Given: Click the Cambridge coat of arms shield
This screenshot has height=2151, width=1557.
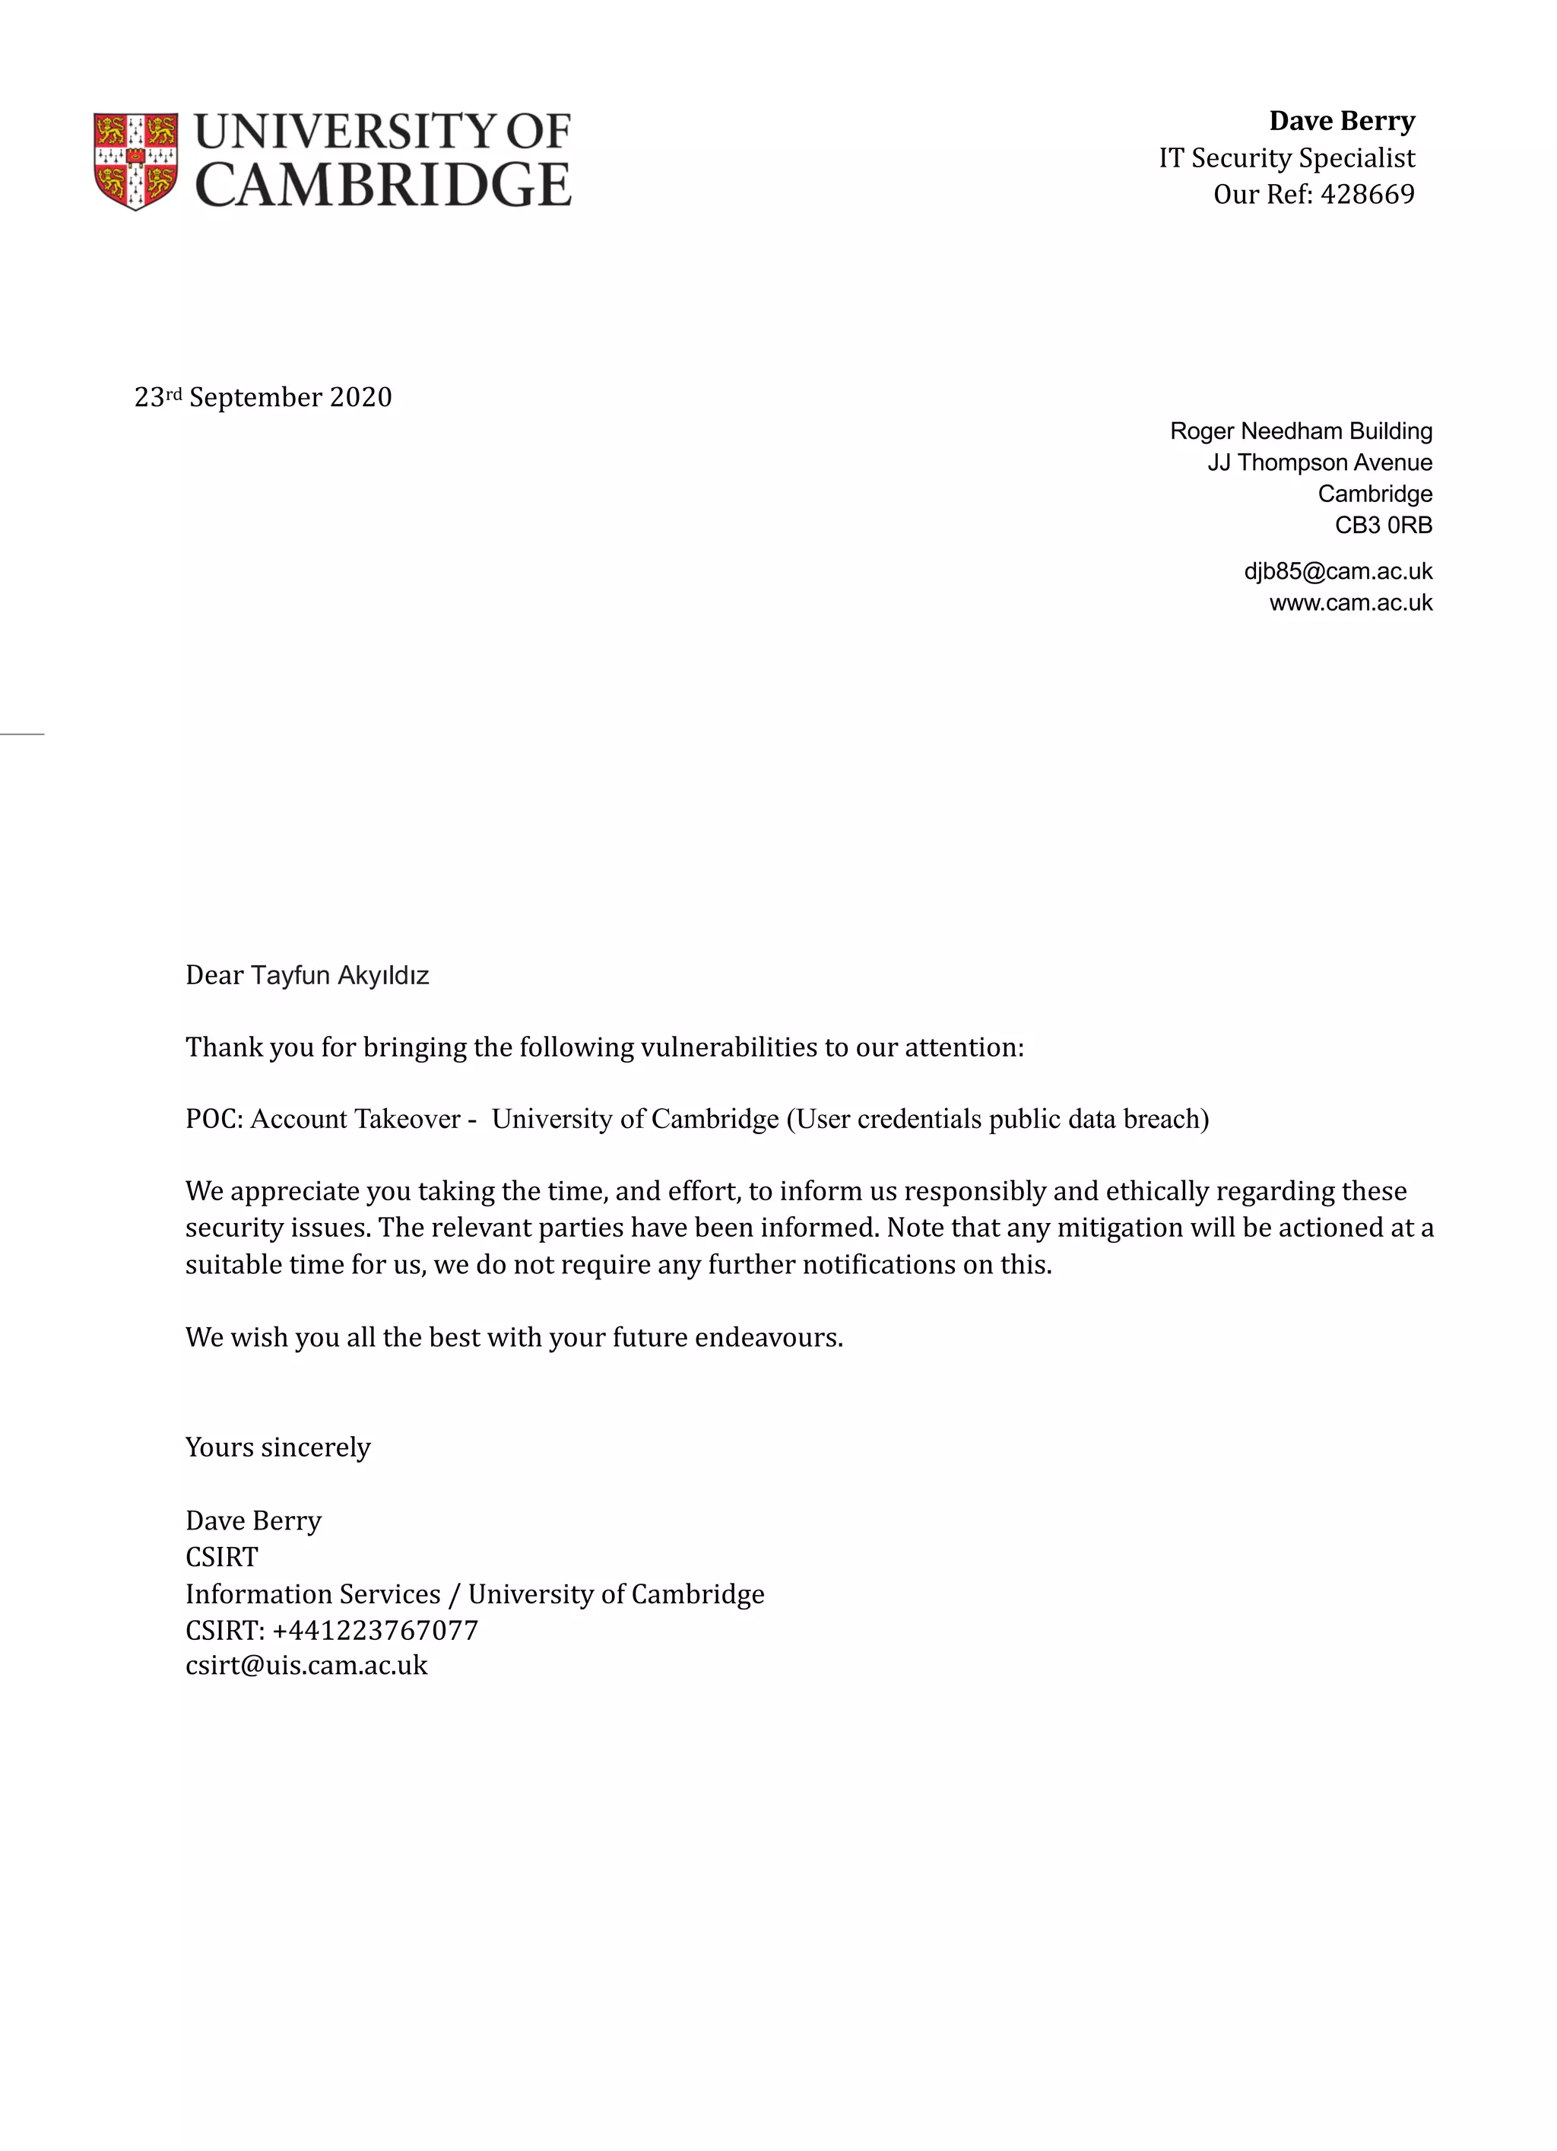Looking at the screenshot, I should (x=135, y=160).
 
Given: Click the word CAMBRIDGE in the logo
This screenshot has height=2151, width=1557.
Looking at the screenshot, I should (x=382, y=186).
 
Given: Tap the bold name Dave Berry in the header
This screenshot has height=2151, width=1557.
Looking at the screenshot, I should (x=1341, y=122).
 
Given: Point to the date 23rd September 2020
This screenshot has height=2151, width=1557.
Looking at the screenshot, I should (x=262, y=397).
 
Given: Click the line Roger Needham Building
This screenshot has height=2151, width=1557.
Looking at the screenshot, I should (x=1300, y=431).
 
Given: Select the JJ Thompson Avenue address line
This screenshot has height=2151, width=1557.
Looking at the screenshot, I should (x=1319, y=462).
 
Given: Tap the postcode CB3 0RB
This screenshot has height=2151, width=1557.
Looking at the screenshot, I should (x=1383, y=526).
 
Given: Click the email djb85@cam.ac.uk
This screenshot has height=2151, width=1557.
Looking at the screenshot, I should (x=1337, y=572).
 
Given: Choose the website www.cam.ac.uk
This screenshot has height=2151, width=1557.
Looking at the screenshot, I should (x=1350, y=603).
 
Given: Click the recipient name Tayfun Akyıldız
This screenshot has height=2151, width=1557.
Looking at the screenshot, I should (x=340, y=976).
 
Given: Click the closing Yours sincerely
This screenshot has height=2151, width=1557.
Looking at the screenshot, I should (x=277, y=1448).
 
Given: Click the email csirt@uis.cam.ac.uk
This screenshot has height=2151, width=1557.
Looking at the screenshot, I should (x=306, y=1666).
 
